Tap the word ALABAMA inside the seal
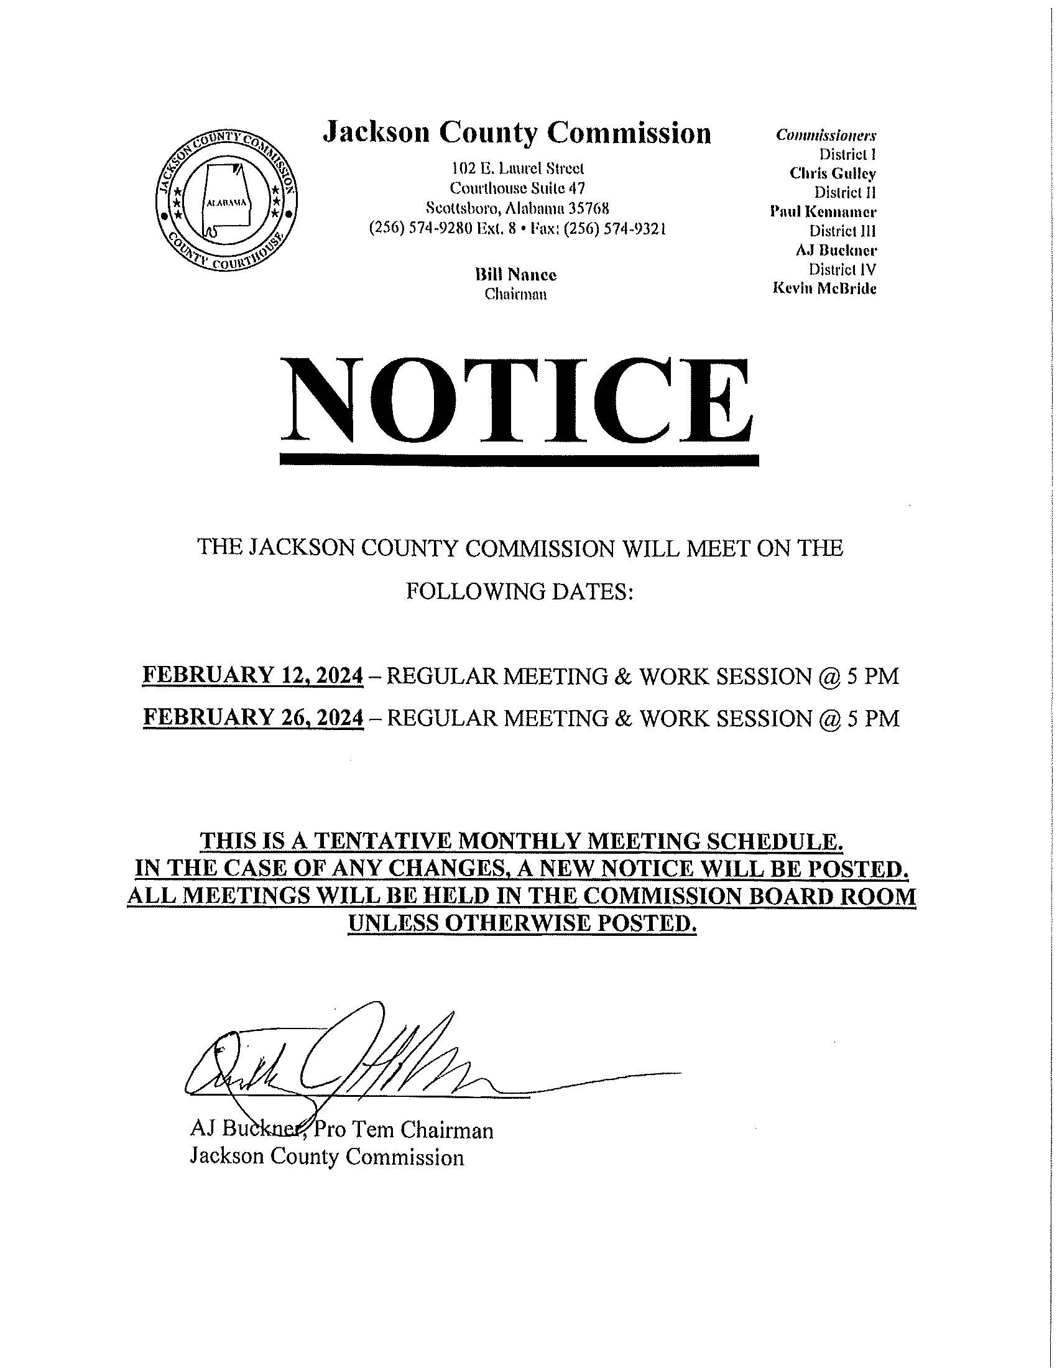pos(226,203)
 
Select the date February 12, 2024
pos(253,676)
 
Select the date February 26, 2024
pos(253,718)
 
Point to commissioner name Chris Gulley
pos(832,173)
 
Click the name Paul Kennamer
pos(823,211)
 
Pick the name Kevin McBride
pos(824,289)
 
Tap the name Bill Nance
pos(515,275)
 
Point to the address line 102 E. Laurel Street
pos(517,169)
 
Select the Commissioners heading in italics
pos(825,136)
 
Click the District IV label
pos(842,269)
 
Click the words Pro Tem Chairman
pos(404,1130)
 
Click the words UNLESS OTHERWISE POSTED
pos(522,923)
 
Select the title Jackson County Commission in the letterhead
pos(517,133)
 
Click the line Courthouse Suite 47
pos(517,188)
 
